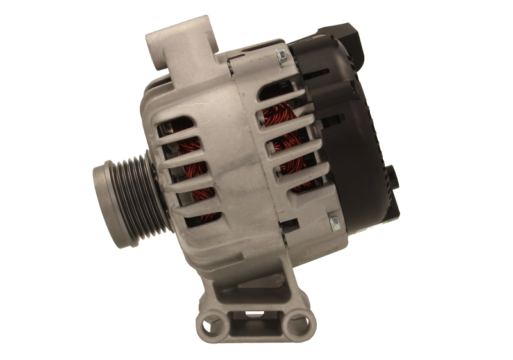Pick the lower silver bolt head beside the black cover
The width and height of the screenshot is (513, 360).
[335, 222]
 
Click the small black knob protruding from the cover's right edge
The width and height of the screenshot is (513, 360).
[391, 176]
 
